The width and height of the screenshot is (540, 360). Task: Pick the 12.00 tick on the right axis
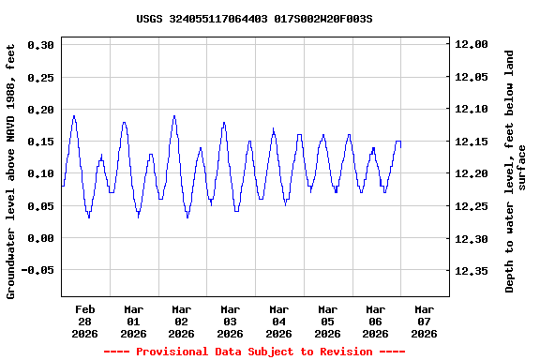(x=471, y=44)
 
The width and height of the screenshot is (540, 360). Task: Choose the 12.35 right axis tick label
(x=471, y=271)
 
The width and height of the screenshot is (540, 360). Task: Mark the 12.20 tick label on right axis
(x=471, y=173)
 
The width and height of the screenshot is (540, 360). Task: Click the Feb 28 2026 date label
(x=85, y=321)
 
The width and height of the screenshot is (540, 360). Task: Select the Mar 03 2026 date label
(x=230, y=321)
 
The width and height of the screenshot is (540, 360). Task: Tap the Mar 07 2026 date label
(x=424, y=321)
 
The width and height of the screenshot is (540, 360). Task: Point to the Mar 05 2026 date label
(x=327, y=321)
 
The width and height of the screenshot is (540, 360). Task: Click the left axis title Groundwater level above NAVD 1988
(x=12, y=171)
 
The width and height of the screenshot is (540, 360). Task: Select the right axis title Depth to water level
(x=516, y=171)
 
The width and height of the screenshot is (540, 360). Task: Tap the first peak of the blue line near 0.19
(x=74, y=116)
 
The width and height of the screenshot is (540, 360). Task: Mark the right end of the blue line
(x=400, y=142)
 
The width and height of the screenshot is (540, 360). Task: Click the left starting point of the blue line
(x=62, y=186)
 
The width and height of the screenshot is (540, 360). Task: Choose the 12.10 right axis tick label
(x=471, y=109)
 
